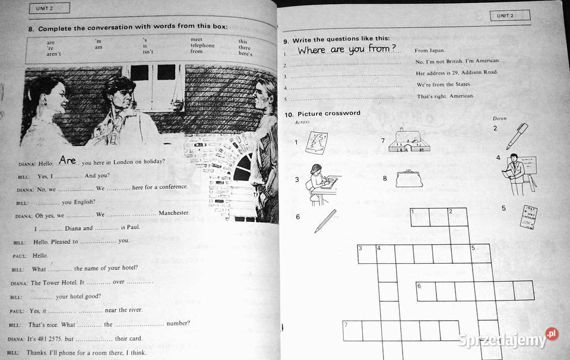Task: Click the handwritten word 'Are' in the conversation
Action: (x=68, y=160)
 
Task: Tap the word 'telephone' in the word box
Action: (x=202, y=46)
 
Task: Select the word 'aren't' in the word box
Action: (x=54, y=54)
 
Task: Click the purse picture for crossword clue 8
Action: (x=409, y=178)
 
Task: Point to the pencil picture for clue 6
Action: (x=325, y=220)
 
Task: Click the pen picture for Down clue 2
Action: (x=516, y=136)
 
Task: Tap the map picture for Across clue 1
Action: (x=318, y=142)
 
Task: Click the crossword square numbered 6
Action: (x=425, y=290)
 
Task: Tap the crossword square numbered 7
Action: (x=353, y=330)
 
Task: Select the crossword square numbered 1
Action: (x=420, y=217)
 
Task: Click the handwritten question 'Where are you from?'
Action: (x=347, y=49)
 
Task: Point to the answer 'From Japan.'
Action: (x=429, y=51)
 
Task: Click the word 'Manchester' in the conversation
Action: (x=174, y=213)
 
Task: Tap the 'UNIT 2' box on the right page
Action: (x=509, y=15)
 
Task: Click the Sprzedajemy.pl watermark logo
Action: (x=508, y=339)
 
